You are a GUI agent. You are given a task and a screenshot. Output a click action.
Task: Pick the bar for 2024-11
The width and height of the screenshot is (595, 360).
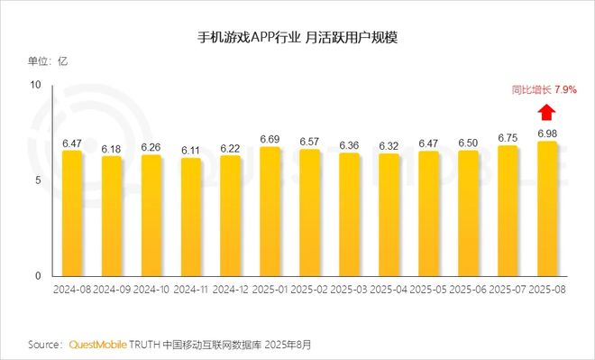(x=189, y=217)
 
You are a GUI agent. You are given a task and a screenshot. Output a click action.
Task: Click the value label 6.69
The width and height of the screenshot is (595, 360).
(x=269, y=139)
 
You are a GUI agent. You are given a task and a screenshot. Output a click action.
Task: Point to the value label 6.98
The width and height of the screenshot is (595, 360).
(x=547, y=134)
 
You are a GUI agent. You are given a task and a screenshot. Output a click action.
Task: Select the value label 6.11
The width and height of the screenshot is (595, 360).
(x=189, y=150)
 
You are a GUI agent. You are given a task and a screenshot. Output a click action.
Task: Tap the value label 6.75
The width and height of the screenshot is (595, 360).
(x=508, y=138)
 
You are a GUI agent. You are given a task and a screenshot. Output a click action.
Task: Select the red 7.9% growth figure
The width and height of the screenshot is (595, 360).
(x=565, y=90)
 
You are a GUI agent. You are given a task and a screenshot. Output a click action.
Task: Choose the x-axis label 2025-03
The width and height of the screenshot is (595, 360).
(x=349, y=290)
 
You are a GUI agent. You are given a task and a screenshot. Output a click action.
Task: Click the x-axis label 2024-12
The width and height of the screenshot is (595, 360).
(x=229, y=290)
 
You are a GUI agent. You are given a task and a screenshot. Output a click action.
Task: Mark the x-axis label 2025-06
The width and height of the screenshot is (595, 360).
(x=468, y=290)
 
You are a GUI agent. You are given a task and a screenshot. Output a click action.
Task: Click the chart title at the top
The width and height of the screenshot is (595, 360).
(x=297, y=40)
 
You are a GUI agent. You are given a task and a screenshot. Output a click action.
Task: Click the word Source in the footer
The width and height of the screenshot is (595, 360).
(x=43, y=345)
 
